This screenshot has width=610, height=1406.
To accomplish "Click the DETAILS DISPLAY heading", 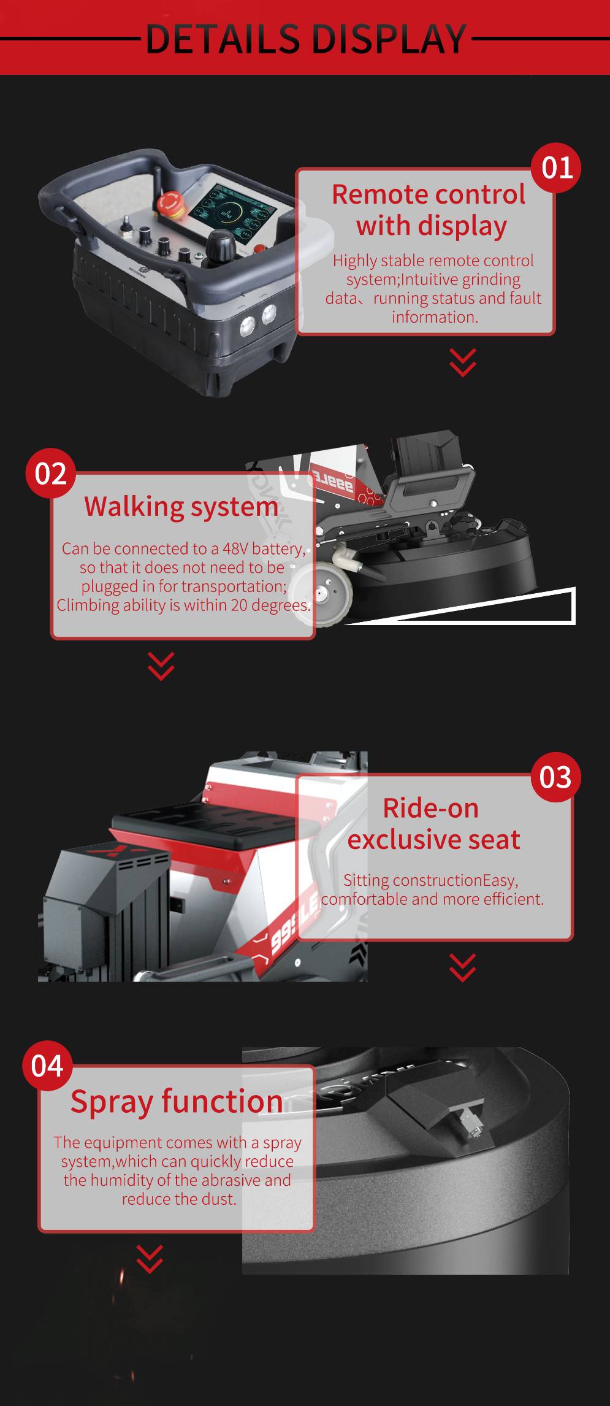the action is (306, 39).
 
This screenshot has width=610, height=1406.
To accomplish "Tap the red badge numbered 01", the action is (556, 167).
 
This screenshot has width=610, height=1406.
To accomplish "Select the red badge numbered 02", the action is (50, 474).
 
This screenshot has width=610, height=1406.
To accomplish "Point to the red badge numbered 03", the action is (555, 777).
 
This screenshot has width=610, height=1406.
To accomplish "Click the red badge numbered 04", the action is (47, 1066).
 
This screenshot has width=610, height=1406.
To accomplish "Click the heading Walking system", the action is (181, 507).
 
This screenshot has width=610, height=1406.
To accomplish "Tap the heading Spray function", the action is (177, 1101).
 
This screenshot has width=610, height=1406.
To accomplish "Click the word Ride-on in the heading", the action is (430, 808).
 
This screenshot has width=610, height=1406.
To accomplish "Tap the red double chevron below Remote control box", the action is (462, 362).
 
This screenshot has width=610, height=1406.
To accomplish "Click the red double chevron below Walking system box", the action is (161, 666).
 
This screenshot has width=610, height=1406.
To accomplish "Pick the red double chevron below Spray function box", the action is (150, 1259).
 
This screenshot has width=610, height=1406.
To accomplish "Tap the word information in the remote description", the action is (435, 317).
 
